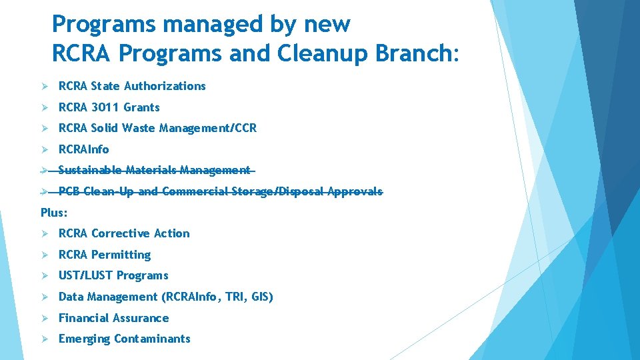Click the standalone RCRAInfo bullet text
83,149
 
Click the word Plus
53,213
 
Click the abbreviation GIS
260,297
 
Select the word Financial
83,319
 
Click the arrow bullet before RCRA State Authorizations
44,86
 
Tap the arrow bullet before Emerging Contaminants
44,339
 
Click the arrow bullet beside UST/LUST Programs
44,276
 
